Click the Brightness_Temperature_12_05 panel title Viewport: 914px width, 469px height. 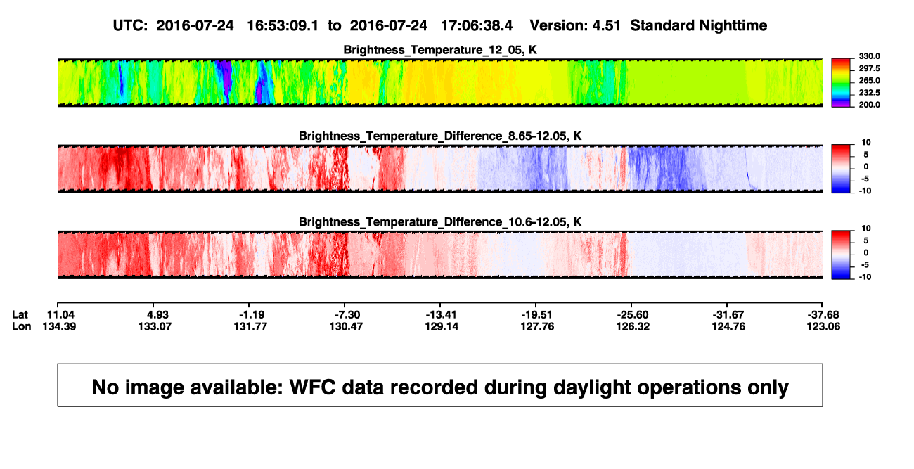click(x=440, y=50)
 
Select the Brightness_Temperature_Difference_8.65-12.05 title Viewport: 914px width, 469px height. click(x=440, y=136)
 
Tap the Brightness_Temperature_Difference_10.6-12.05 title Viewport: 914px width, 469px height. click(x=440, y=222)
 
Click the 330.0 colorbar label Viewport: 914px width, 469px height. click(x=869, y=56)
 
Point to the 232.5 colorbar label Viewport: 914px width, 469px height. click(x=869, y=93)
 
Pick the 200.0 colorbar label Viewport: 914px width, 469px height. click(x=869, y=105)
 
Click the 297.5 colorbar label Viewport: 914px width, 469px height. click(x=869, y=69)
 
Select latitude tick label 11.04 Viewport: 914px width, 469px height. click(x=60, y=315)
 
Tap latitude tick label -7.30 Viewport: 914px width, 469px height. click(x=347, y=315)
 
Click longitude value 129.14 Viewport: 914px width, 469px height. click(x=442, y=326)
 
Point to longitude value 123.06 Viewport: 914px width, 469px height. click(x=823, y=326)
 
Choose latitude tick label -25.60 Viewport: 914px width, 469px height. click(x=633, y=315)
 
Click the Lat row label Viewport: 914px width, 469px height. click(x=20, y=315)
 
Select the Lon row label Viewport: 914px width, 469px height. click(x=22, y=326)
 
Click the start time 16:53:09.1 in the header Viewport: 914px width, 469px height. click(x=283, y=26)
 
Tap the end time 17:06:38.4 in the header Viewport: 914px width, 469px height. click(x=477, y=26)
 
